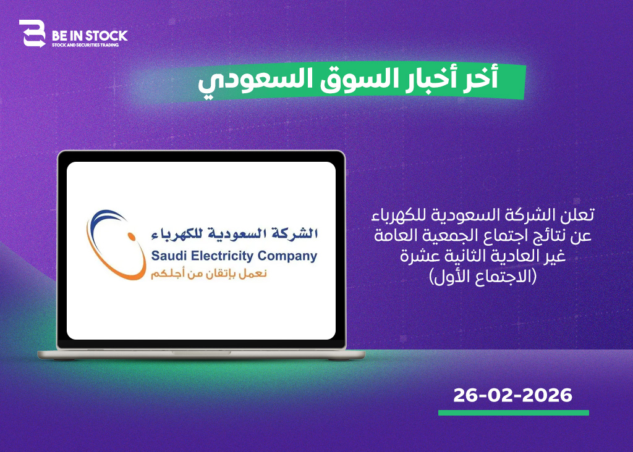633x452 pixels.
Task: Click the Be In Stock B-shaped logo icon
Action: [32, 33]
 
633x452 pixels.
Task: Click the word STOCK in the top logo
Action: [106, 36]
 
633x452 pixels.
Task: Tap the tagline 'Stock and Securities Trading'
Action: [85, 44]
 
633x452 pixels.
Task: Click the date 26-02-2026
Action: [512, 395]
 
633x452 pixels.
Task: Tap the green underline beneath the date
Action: [514, 412]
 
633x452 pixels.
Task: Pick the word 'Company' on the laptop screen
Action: [287, 256]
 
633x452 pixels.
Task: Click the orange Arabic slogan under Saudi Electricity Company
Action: [209, 274]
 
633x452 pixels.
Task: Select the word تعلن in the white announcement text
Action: [578, 214]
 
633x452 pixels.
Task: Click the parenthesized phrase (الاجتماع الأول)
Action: [483, 277]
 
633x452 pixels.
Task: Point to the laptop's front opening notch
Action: [202, 353]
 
